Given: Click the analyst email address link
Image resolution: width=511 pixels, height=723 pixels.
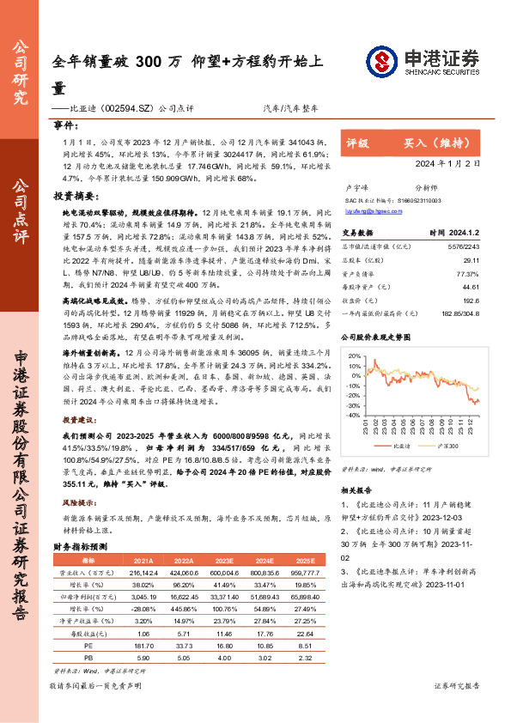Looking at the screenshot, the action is click(367, 209).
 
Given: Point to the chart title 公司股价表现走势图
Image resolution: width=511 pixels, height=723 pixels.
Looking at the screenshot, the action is click(384, 337).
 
